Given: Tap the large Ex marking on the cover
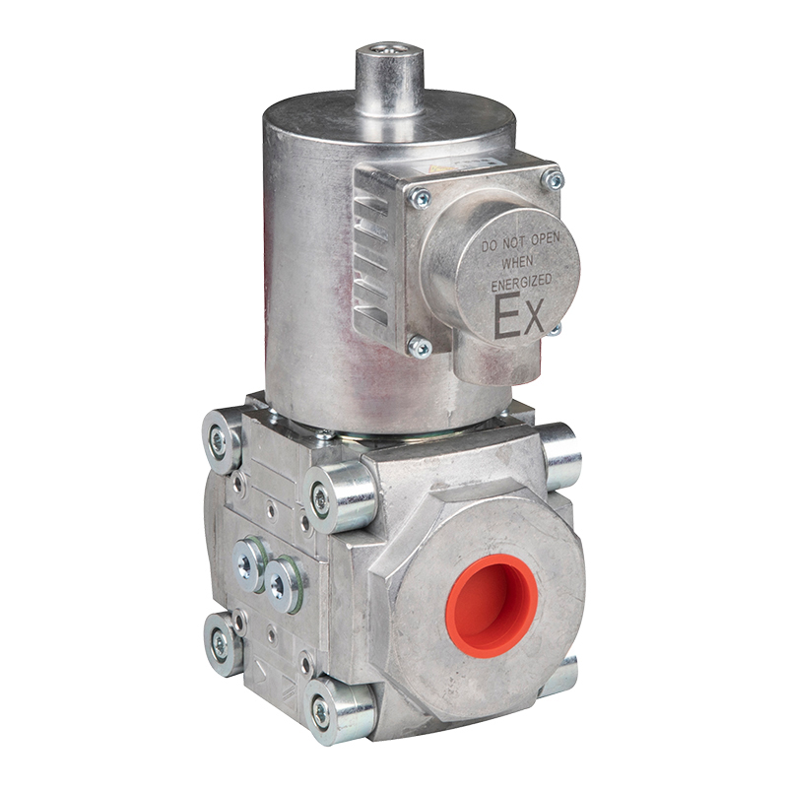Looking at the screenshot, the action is (519, 317).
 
